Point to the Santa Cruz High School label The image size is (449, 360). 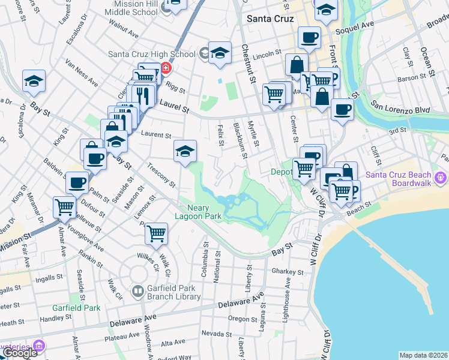click(152, 54)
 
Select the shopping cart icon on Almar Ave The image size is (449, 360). click(64, 208)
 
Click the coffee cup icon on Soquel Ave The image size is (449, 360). click(309, 37)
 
